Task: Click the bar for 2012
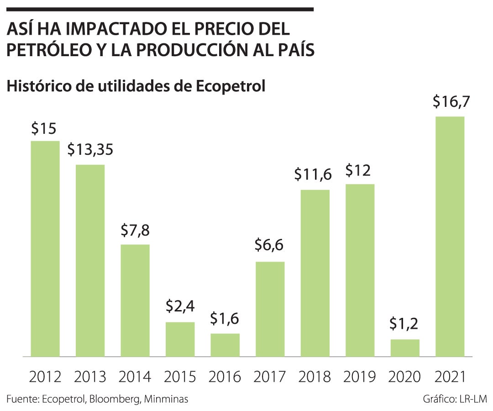tap(45, 248)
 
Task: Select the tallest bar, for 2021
tap(450, 236)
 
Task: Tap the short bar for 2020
tap(405, 348)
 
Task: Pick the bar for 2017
tap(270, 309)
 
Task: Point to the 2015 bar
tap(180, 339)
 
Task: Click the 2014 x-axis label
tap(135, 377)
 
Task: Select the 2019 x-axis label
tap(360, 377)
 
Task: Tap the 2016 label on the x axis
tap(225, 377)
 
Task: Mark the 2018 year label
tap(315, 377)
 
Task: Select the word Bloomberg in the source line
tap(116, 399)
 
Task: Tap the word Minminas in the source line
tap(166, 399)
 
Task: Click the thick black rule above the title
tap(160, 9)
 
